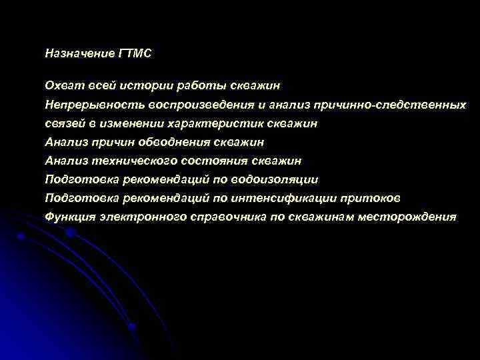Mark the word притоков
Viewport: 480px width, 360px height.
371,198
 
